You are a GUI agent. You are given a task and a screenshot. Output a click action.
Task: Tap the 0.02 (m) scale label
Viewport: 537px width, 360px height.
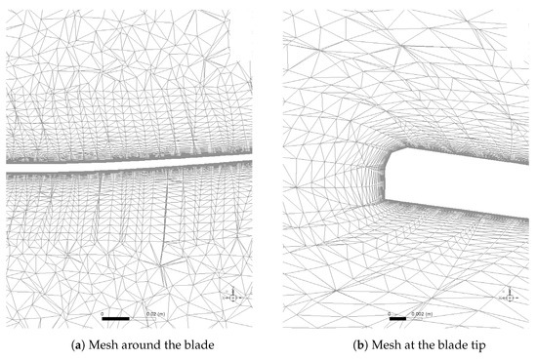point(155,314)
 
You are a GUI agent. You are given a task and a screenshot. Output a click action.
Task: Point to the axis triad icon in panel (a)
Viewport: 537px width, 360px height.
point(232,296)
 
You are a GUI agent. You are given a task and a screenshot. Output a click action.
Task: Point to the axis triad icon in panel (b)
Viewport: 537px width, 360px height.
point(510,296)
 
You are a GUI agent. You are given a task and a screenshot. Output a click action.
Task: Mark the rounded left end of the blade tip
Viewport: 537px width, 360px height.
point(388,174)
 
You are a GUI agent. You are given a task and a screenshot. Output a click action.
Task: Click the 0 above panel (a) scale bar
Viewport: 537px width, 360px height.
point(102,313)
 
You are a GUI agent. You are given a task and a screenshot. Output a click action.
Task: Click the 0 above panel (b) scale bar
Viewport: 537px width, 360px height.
point(389,313)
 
